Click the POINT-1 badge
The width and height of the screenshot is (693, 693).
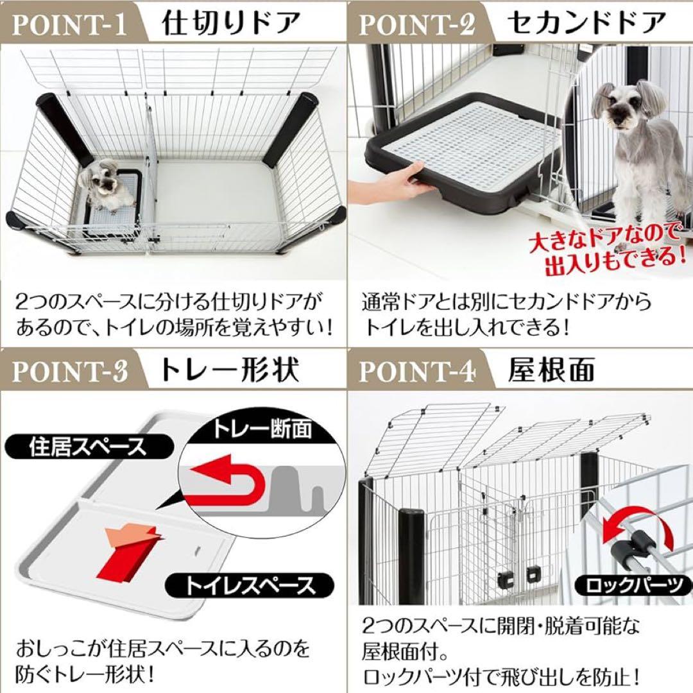[x=69, y=25]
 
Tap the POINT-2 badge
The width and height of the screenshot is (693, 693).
[x=417, y=25]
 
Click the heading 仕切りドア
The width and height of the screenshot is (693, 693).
[x=231, y=24]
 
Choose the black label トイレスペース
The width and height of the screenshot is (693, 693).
[x=251, y=585]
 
